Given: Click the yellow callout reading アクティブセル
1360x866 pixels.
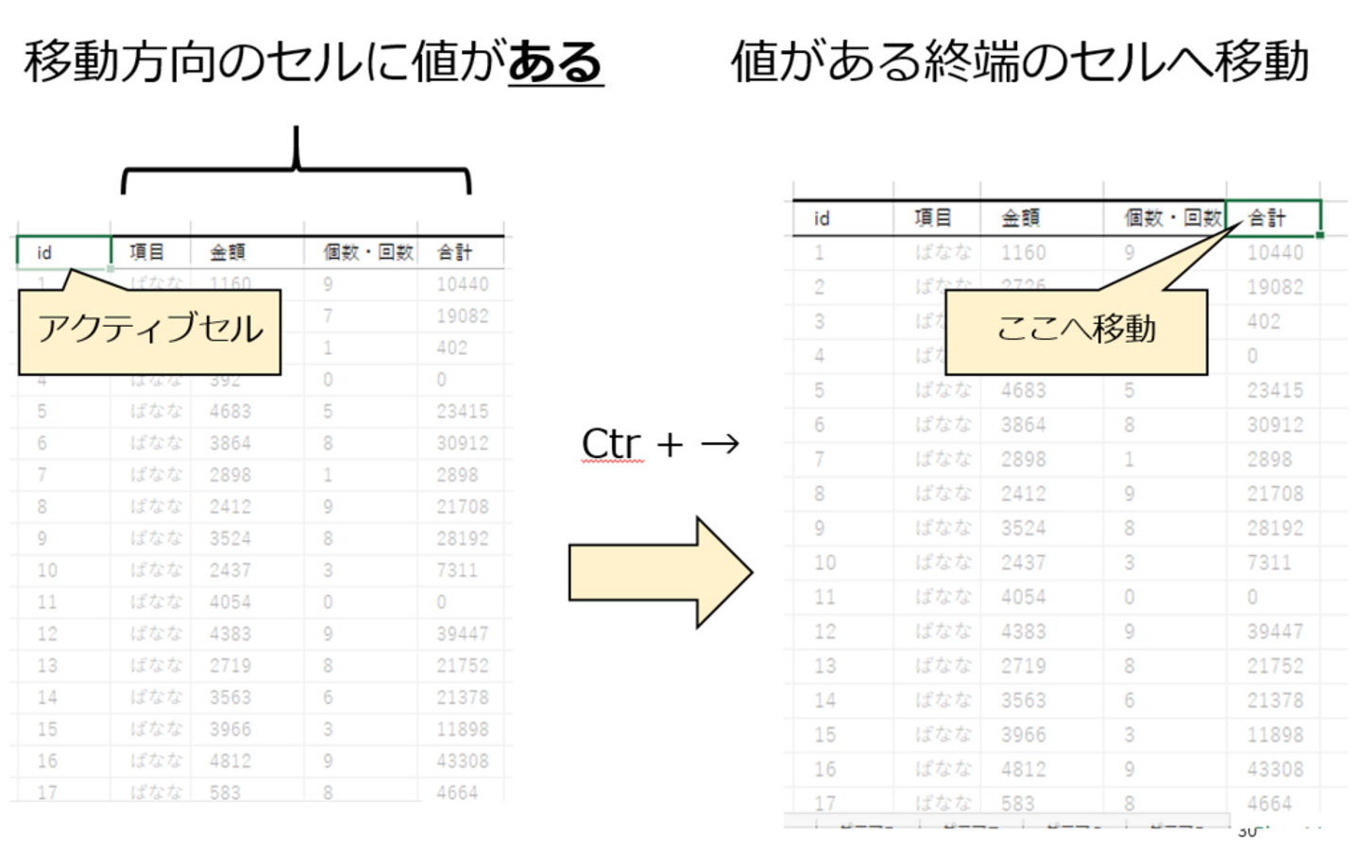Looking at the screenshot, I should click(149, 331).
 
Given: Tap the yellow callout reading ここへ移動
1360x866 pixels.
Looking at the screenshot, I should click(1076, 331).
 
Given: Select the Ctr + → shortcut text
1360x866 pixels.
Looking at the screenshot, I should click(659, 444).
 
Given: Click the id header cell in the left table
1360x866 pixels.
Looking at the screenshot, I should click(63, 252).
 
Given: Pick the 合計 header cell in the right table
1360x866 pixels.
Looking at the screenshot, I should click(1271, 218).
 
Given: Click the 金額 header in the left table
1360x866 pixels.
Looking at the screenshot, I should click(228, 252).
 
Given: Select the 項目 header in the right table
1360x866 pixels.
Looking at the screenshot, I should click(933, 218).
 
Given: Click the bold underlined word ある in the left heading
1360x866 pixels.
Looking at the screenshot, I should click(555, 62).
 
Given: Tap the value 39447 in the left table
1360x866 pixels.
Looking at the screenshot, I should click(462, 634).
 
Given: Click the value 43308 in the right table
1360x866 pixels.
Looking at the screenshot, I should click(1275, 769).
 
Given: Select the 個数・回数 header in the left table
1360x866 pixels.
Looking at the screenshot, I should click(368, 252).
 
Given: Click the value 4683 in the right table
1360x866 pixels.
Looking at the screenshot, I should click(1024, 390).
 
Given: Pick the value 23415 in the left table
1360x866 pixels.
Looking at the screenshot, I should click(462, 411).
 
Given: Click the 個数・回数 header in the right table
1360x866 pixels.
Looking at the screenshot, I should click(1172, 218).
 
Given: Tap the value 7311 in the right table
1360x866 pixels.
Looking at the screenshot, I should click(1268, 563).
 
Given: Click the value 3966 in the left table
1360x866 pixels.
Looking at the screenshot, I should click(230, 729).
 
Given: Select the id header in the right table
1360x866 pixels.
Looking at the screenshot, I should click(822, 218).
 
